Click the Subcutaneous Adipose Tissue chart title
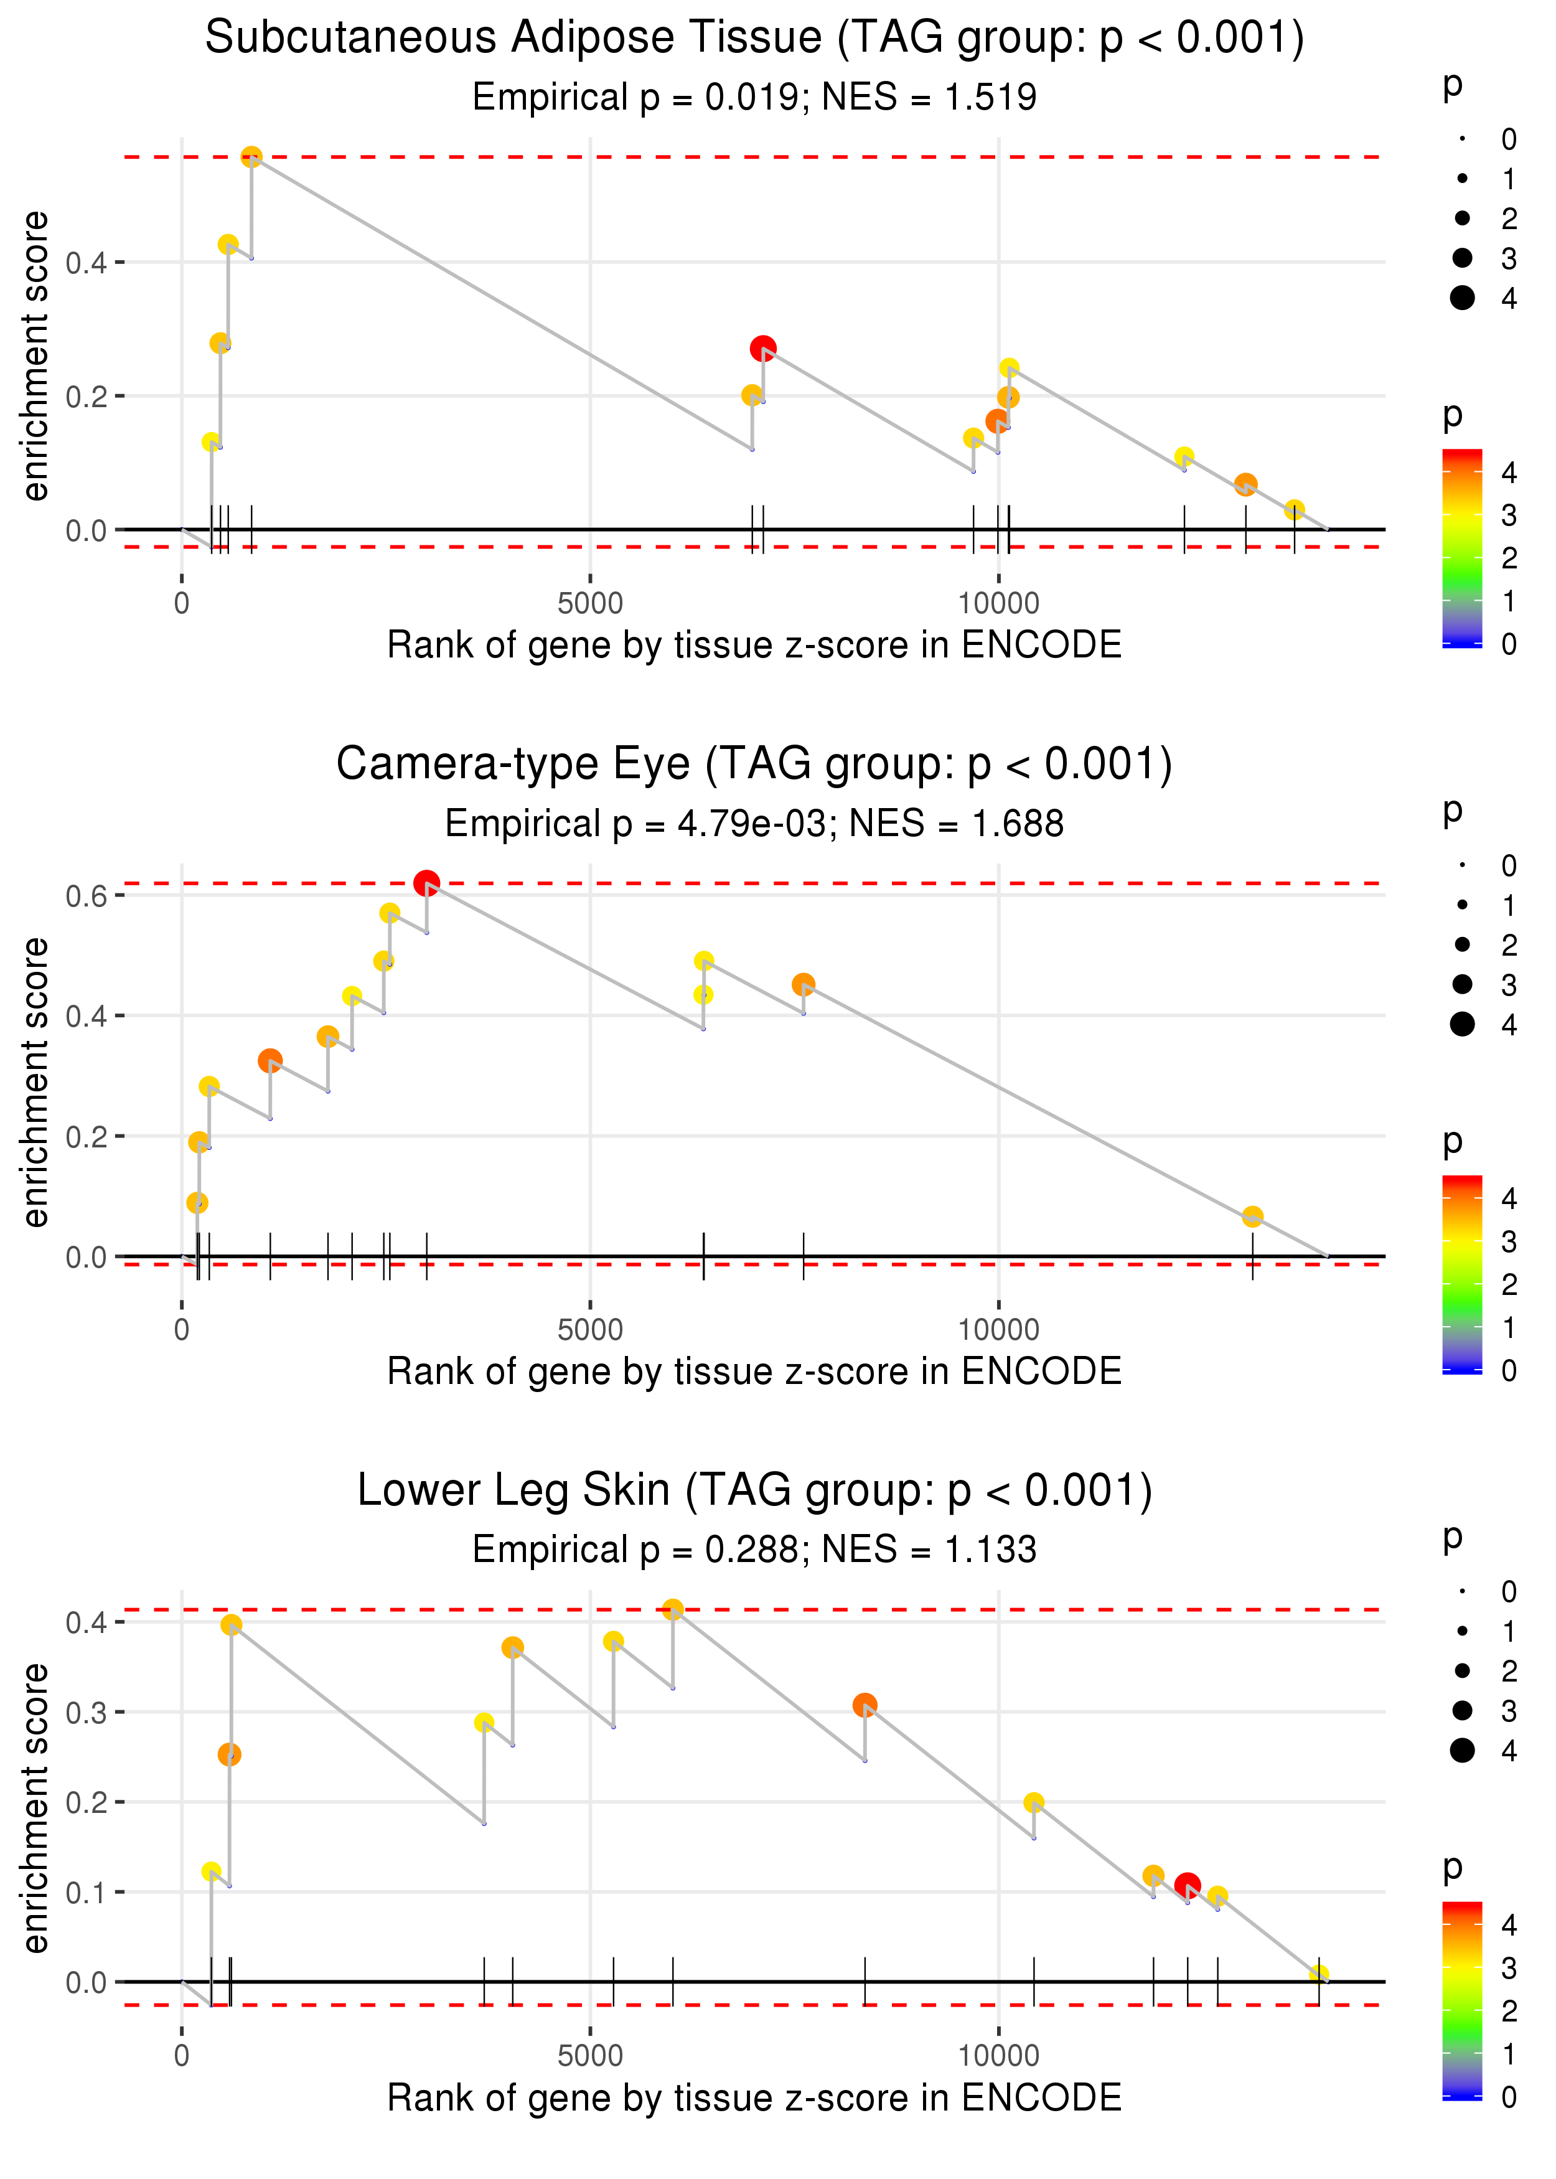click(754, 39)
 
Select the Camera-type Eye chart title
click(754, 765)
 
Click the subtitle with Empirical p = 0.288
click(754, 1550)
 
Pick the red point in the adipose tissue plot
click(762, 349)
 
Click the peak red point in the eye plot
click(426, 883)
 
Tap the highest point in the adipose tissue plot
click(251, 157)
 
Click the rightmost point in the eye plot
click(1252, 1217)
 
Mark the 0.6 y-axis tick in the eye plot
click(87, 896)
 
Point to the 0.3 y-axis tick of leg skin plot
click(87, 1712)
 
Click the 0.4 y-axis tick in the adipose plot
click(87, 263)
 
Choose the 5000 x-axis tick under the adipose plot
click(590, 604)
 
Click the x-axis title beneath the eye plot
click(754, 1372)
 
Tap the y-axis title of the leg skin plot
click(35, 1807)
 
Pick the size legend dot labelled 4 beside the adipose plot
click(1462, 298)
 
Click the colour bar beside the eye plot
click(1462, 1274)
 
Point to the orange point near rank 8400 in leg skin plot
click(865, 1705)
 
